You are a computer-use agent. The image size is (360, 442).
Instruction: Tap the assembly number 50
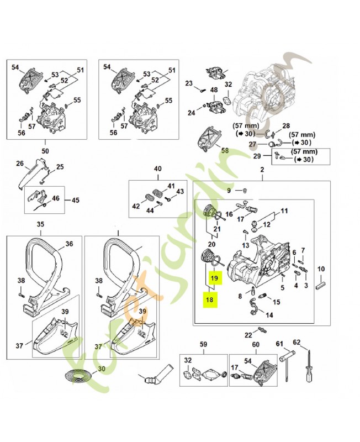(x=45, y=150)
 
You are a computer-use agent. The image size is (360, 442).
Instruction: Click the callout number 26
(x=20, y=164)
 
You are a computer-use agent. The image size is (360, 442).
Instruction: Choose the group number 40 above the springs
(x=157, y=169)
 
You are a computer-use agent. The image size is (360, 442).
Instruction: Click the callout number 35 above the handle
(x=40, y=224)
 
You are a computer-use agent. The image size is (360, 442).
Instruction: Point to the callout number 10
(x=321, y=269)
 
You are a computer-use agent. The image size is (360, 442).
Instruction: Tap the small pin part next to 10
(x=321, y=286)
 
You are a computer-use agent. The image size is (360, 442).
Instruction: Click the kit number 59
(x=203, y=345)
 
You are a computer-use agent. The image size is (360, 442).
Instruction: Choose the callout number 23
(x=189, y=83)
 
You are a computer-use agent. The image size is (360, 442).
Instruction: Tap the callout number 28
(x=286, y=127)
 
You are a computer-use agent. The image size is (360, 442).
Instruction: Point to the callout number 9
(x=229, y=191)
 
